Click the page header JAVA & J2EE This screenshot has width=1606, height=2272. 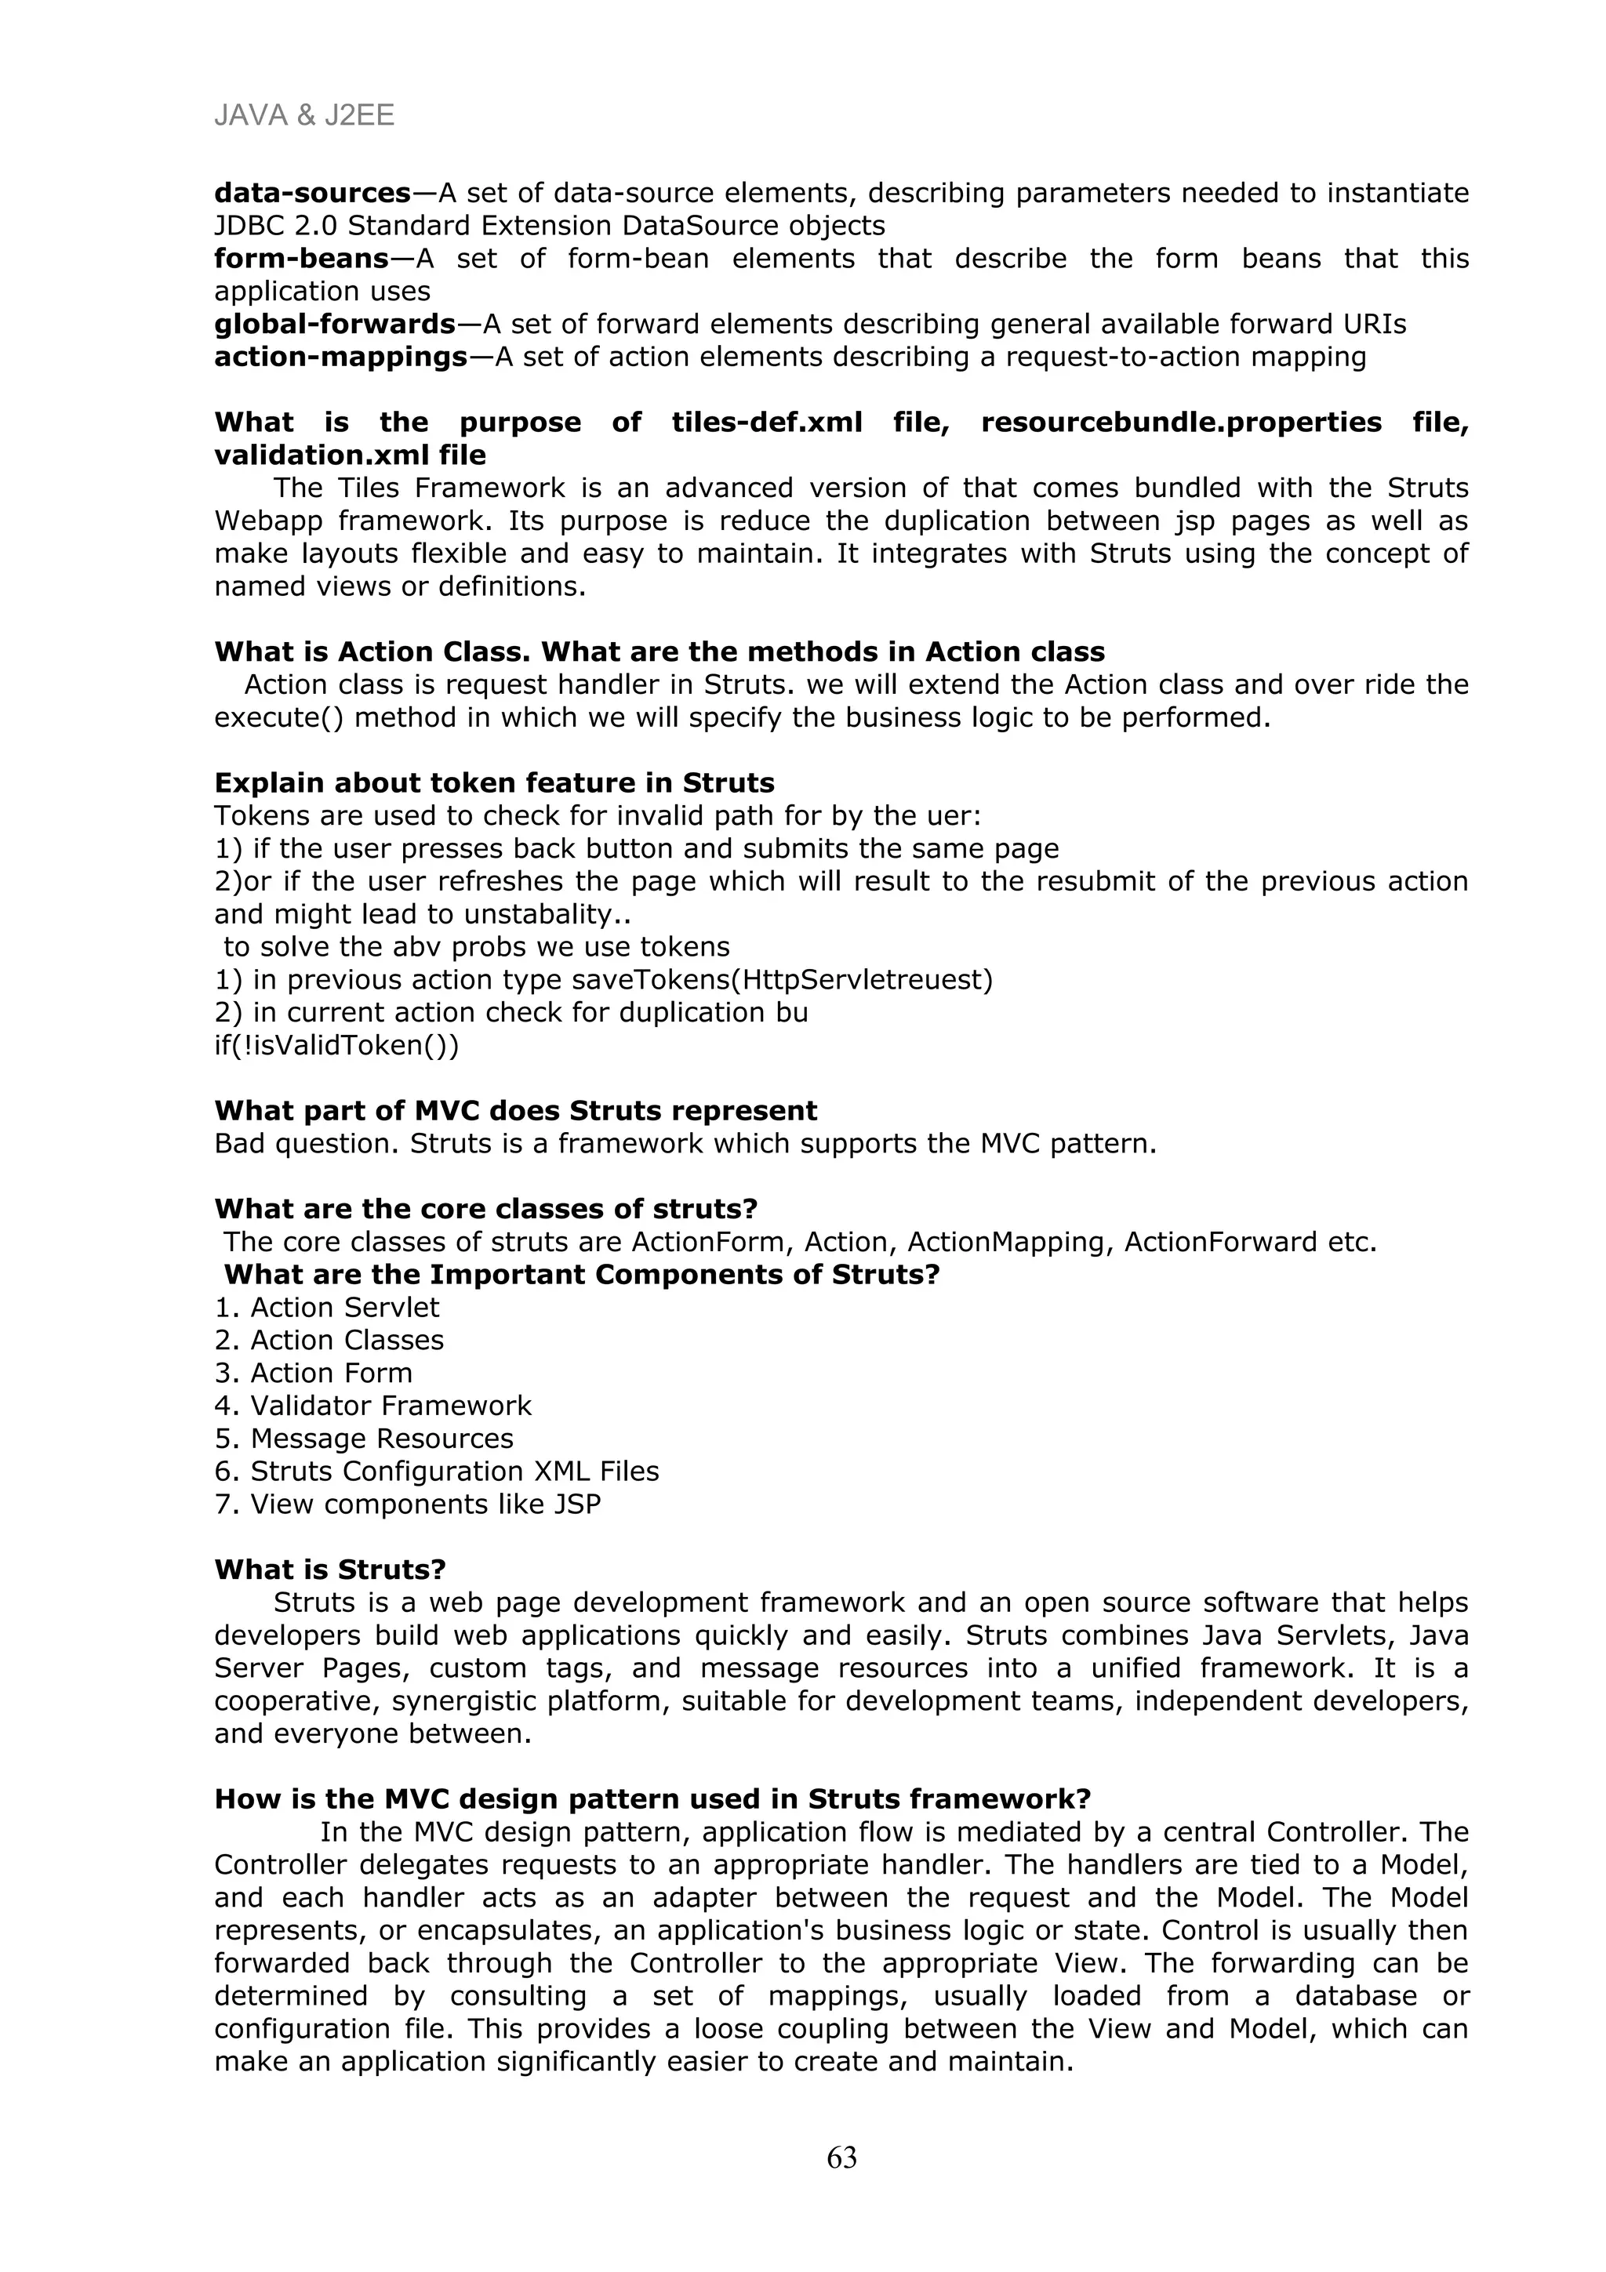(303, 116)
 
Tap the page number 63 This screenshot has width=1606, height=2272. (841, 2158)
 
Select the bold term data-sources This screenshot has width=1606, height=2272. (311, 192)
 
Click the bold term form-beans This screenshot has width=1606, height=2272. (301, 258)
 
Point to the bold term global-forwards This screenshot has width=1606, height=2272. (335, 324)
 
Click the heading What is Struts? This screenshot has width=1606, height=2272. (329, 1570)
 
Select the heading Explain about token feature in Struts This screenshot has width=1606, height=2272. (494, 782)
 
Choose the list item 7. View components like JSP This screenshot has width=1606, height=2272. (408, 1504)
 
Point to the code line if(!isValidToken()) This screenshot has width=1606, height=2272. (336, 1045)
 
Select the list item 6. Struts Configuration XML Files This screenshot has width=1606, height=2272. (436, 1472)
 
